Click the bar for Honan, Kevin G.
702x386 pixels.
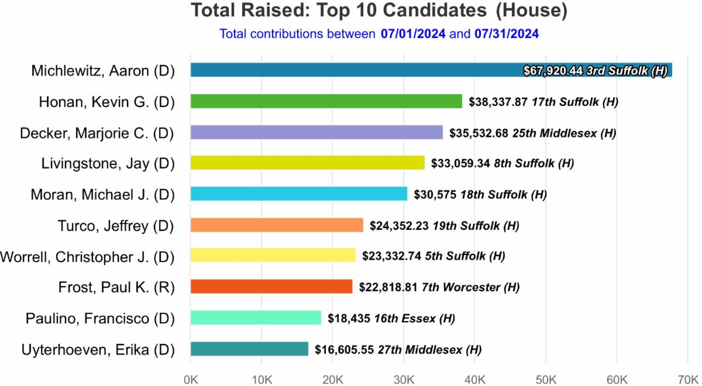[x=326, y=101]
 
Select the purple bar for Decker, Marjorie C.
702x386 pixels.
[x=316, y=132]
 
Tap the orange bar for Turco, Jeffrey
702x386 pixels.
[x=277, y=225]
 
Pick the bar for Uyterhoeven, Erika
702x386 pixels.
[x=249, y=349]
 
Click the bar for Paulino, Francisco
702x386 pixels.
[x=256, y=318]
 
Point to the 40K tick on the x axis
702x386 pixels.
[x=474, y=378]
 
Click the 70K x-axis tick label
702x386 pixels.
[x=688, y=378]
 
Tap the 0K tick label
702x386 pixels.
[x=190, y=378]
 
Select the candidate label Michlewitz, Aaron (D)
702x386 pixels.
[x=103, y=71]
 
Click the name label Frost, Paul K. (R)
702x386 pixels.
[x=116, y=287]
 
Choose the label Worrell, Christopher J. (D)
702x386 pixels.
[x=87, y=256]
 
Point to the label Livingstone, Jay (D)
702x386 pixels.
[x=108, y=163]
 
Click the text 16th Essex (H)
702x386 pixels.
[x=418, y=318]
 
